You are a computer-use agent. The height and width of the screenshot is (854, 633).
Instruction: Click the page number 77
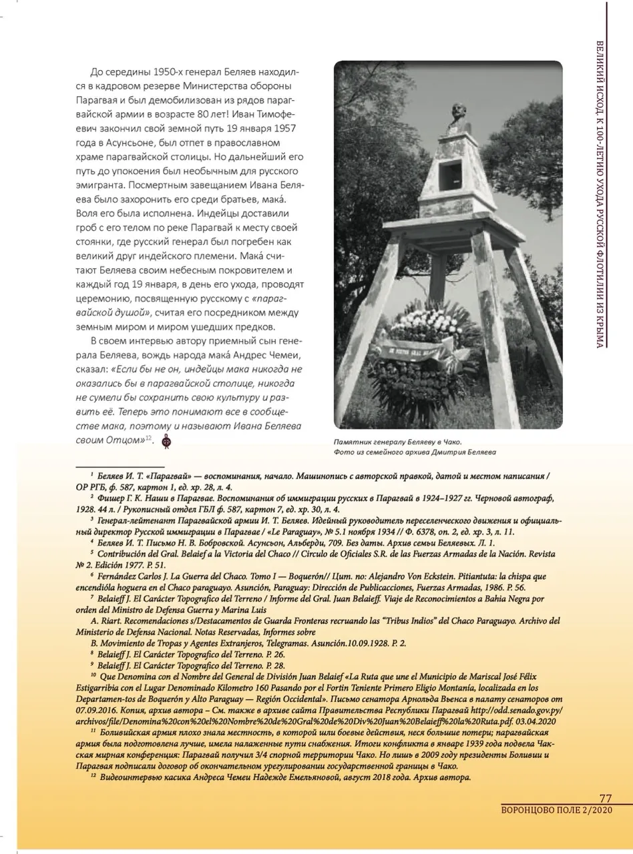(x=606, y=798)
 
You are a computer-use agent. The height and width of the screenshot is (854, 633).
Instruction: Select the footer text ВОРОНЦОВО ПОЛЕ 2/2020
(x=556, y=810)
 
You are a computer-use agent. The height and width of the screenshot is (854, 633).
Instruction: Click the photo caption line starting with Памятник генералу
(x=397, y=441)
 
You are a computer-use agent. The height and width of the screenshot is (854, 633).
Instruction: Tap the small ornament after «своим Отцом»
(x=166, y=440)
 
